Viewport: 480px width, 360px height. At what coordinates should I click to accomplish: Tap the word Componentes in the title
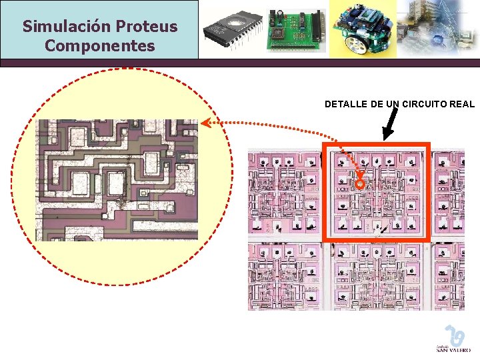[99, 46]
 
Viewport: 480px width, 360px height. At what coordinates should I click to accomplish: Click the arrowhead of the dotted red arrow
[205, 122]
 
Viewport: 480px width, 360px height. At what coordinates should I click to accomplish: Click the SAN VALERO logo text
[453, 349]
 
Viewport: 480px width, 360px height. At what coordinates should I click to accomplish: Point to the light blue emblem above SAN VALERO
[455, 335]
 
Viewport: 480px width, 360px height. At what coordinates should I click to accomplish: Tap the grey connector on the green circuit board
[319, 28]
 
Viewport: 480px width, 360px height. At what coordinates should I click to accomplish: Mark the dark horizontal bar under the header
[240, 63]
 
